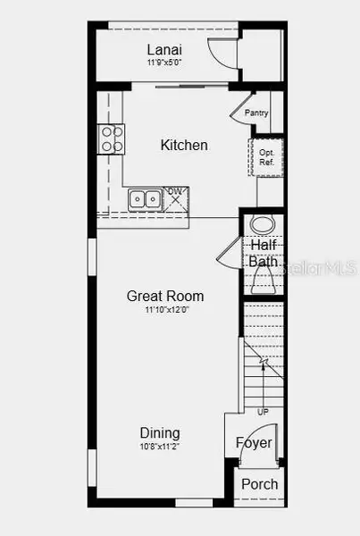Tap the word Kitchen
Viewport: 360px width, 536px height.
[x=184, y=145]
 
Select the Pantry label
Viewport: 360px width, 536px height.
[x=256, y=113]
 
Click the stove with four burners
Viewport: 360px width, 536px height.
[x=112, y=138]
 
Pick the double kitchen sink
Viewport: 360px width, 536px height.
[x=144, y=199]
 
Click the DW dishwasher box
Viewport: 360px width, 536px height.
[x=174, y=199]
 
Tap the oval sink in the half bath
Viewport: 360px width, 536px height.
[x=263, y=224]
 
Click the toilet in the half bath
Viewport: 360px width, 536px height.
[x=263, y=281]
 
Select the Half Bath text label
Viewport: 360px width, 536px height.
[x=263, y=253]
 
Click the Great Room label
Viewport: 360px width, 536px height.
[x=165, y=296]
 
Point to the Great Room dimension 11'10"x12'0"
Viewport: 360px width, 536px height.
[x=166, y=310]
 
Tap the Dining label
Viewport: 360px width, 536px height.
[x=159, y=432]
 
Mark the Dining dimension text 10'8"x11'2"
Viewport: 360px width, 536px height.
[x=160, y=446]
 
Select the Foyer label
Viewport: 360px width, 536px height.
[x=254, y=443]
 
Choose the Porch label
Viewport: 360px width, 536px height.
[x=259, y=484]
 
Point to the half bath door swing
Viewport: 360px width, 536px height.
[x=228, y=252]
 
